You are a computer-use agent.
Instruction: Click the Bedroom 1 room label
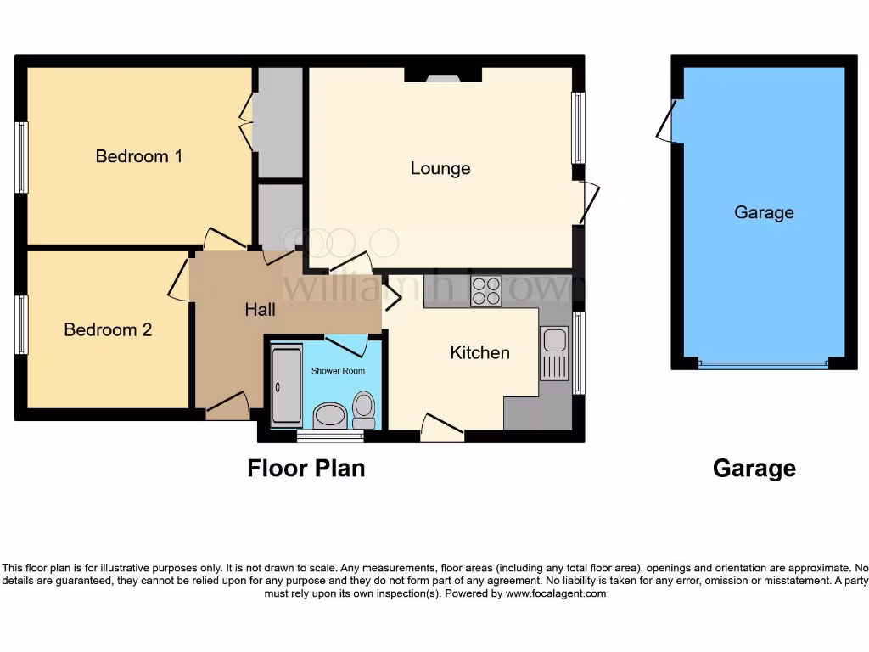pyautogui.click(x=138, y=156)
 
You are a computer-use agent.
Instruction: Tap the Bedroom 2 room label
pyautogui.click(x=108, y=329)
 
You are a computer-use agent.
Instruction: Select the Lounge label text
pyautogui.click(x=440, y=168)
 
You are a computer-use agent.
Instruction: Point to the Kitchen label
pyautogui.click(x=479, y=352)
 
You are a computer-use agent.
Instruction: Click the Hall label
pyautogui.click(x=260, y=310)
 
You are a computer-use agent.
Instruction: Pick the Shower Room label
pyautogui.click(x=338, y=371)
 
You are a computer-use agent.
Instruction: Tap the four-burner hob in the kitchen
pyautogui.click(x=486, y=290)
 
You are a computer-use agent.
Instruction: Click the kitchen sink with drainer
pyautogui.click(x=554, y=352)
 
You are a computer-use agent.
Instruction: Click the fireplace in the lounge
pyautogui.click(x=442, y=77)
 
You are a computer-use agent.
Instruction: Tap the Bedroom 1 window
pyautogui.click(x=21, y=157)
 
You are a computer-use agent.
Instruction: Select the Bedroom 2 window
pyautogui.click(x=21, y=324)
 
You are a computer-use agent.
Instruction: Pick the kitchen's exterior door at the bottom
pyautogui.click(x=442, y=430)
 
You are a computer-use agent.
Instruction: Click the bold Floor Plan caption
pyautogui.click(x=306, y=468)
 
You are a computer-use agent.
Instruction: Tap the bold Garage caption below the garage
pyautogui.click(x=754, y=468)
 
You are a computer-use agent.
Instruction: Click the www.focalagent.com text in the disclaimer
pyautogui.click(x=556, y=593)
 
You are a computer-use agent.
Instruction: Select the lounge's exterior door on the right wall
pyautogui.click(x=586, y=203)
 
